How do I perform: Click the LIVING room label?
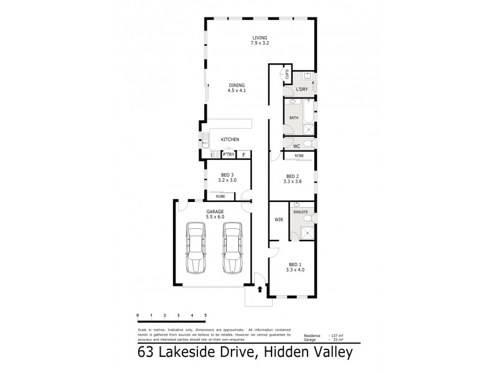[x=260, y=40]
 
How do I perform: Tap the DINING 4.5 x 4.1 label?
[x=237, y=88]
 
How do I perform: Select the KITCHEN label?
[x=229, y=140]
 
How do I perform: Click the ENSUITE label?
[x=302, y=213]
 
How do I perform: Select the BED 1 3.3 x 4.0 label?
[x=293, y=267]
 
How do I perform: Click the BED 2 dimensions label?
[x=293, y=181]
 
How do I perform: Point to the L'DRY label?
[x=302, y=90]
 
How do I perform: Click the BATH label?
[x=294, y=117]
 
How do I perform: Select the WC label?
[x=288, y=146]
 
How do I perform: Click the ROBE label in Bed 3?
[x=220, y=196]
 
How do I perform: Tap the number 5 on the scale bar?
[x=205, y=316]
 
